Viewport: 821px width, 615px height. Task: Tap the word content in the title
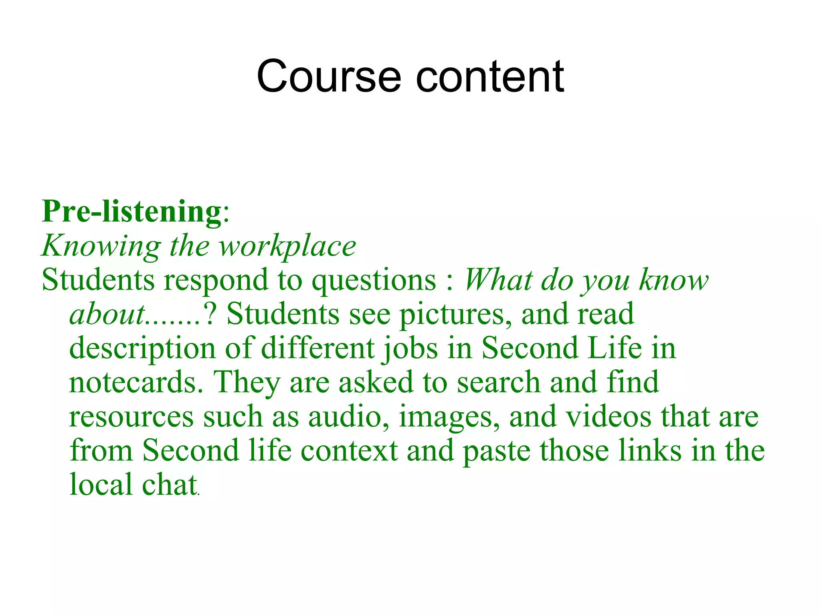click(x=490, y=76)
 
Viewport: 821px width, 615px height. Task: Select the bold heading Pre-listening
click(x=131, y=211)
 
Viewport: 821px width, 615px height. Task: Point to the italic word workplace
click(x=287, y=246)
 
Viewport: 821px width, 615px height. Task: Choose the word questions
click(x=374, y=280)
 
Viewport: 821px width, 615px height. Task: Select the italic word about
click(x=107, y=314)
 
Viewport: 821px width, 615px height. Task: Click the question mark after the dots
click(x=210, y=314)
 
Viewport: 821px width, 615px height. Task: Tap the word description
click(x=142, y=349)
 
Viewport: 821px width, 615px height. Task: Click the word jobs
click(x=410, y=349)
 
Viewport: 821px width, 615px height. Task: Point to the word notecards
click(x=136, y=382)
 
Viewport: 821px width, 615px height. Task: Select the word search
click(x=498, y=382)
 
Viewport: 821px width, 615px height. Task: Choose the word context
click(x=349, y=451)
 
